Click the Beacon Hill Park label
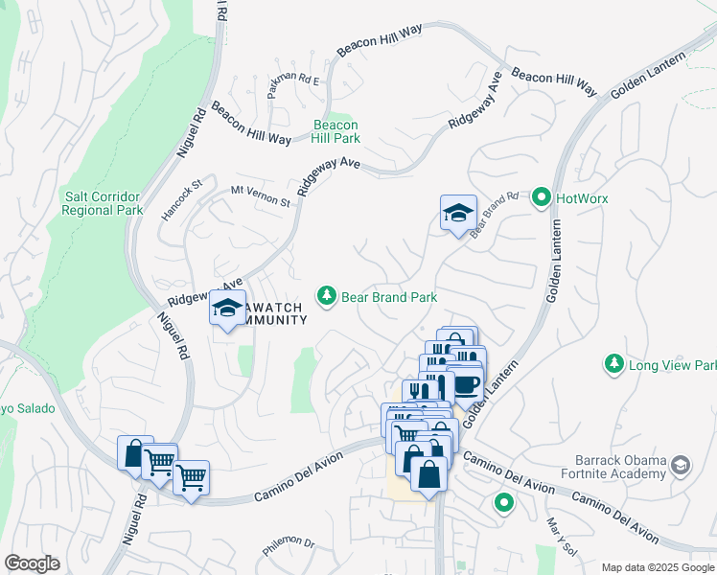point(335,131)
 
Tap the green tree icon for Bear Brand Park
point(328,296)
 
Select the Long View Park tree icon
point(613,364)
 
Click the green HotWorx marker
point(542,198)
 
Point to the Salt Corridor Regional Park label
point(103,203)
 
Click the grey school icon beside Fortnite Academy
point(681,467)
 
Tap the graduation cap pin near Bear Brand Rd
point(458,213)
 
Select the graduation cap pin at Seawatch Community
point(227,309)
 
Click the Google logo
point(32,563)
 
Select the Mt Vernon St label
point(260,196)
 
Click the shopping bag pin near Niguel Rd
point(134,452)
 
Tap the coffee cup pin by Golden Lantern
point(466,385)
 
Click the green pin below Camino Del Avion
point(503,502)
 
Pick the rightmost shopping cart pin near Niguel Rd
point(191,475)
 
